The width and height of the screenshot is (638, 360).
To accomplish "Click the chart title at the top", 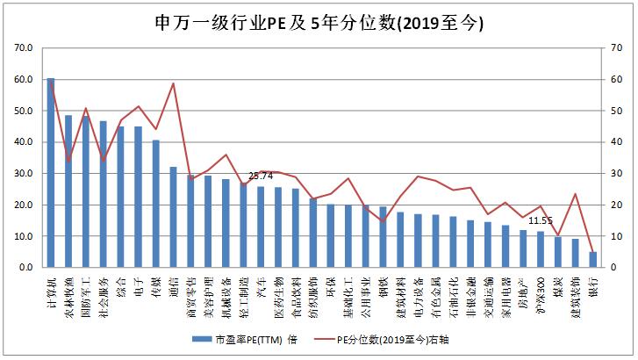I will (319, 20).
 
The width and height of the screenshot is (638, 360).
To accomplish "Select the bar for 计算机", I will (51, 172).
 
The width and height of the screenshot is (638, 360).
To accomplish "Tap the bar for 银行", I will (592, 260).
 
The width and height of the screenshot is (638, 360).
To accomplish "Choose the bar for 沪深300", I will (540, 249).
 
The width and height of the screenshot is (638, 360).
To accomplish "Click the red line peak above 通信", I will (173, 83).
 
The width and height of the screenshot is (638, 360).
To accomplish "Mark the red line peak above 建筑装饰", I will (575, 194).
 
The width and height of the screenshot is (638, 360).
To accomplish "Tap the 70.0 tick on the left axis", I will (24, 48).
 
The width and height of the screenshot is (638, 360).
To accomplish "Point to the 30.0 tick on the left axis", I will (24, 174).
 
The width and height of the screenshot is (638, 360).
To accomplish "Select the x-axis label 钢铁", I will (383, 285).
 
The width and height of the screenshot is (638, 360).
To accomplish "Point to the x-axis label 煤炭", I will (557, 285).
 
